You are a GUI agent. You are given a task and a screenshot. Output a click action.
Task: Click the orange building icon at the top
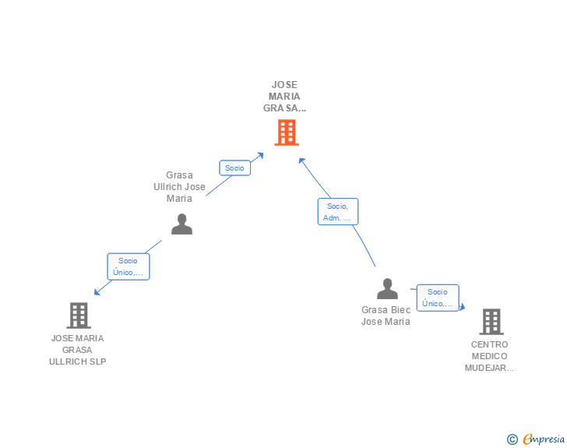287,132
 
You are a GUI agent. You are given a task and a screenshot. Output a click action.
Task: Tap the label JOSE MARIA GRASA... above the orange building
284,97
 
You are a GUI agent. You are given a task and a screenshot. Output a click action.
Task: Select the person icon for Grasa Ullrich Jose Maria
181,224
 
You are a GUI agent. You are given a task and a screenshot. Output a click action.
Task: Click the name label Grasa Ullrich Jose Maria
179,187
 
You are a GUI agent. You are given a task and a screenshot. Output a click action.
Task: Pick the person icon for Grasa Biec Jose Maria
387,289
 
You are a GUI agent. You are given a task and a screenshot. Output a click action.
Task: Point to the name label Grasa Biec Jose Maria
386,316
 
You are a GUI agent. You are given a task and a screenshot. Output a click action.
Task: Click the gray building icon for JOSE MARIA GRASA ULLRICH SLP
79,316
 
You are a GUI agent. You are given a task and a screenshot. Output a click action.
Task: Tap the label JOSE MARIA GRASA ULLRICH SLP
77,350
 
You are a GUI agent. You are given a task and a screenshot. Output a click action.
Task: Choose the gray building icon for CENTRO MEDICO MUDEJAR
491,321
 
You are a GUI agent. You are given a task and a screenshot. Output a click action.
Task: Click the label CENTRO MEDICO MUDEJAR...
489,356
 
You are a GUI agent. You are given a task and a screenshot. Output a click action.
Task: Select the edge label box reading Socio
234,168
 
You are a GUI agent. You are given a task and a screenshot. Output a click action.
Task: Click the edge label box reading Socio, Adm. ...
338,212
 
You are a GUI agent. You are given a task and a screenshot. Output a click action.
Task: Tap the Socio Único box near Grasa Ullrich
129,266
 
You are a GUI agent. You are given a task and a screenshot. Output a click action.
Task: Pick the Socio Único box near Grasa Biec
438,298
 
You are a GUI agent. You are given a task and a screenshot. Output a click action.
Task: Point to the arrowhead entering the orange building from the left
260,155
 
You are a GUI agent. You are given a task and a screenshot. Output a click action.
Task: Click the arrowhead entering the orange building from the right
301,161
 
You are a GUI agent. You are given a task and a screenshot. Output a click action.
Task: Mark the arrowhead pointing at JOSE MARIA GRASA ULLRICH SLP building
97,292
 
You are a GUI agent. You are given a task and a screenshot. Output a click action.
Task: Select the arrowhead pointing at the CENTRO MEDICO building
462,308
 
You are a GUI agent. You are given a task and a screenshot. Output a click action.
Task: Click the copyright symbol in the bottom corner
512,439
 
